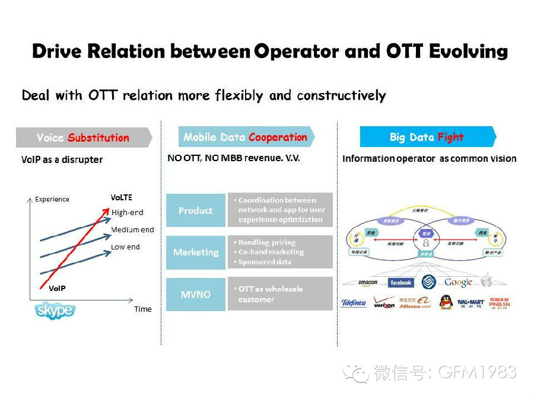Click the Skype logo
[x=55, y=310]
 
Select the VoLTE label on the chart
[x=121, y=197]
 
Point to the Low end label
[x=125, y=247]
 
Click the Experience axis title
[x=52, y=199]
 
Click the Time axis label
[x=142, y=309]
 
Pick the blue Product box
[x=195, y=210]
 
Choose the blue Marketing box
[x=195, y=252]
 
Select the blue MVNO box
[x=195, y=295]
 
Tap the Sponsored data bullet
[x=265, y=261]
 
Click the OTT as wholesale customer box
[x=280, y=294]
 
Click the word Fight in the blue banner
[x=451, y=137]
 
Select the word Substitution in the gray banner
[x=98, y=138]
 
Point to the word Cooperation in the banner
[x=278, y=137]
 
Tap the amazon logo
[x=368, y=283]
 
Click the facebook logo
[x=401, y=283]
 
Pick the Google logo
[x=458, y=283]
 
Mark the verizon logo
[x=384, y=304]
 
